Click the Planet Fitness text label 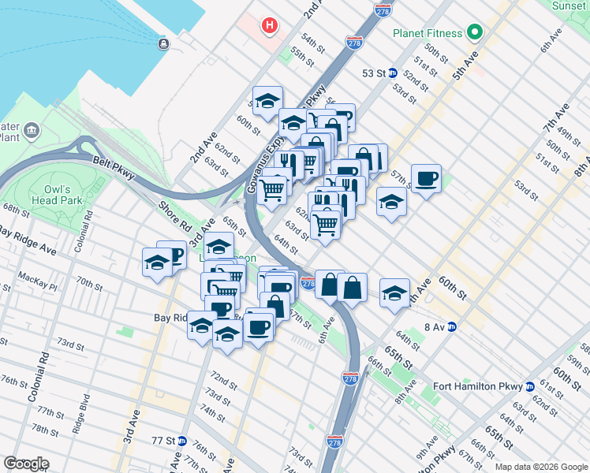pos(429,33)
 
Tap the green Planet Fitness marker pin pos(474,32)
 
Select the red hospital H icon pos(271,26)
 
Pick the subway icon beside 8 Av pos(452,326)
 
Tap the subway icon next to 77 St pos(181,441)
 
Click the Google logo pos(26,464)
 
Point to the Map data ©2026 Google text pos(540,467)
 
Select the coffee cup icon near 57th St pos(426,179)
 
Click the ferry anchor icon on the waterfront pos(163,43)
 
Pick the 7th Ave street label pos(555,117)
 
